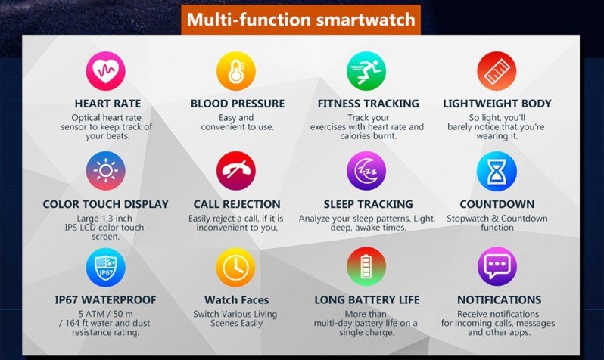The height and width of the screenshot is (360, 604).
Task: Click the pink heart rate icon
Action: [106, 72]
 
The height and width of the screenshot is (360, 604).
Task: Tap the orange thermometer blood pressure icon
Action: [236, 72]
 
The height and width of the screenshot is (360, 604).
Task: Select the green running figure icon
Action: [366, 72]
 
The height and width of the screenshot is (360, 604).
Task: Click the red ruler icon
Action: [497, 72]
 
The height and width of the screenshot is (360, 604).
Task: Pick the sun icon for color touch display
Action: [106, 172]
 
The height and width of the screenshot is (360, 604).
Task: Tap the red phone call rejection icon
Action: [236, 172]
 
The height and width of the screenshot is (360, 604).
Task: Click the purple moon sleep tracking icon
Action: [366, 172]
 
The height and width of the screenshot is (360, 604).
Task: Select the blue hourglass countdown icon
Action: [497, 172]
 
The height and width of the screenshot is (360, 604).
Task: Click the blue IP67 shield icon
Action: [106, 267]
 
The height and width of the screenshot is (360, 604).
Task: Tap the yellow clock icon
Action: [236, 267]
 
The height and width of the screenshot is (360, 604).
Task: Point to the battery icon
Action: [366, 267]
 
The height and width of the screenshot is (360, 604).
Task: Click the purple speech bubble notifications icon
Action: [497, 267]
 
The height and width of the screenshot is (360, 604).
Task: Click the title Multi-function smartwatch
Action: [301, 20]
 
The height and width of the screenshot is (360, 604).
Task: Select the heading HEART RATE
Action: [107, 104]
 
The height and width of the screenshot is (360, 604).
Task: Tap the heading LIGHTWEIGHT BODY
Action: [497, 104]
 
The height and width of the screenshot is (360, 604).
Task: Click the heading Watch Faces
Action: [235, 300]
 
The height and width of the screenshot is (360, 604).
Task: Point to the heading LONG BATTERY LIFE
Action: [366, 300]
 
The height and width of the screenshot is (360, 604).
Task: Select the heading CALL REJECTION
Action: [236, 204]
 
